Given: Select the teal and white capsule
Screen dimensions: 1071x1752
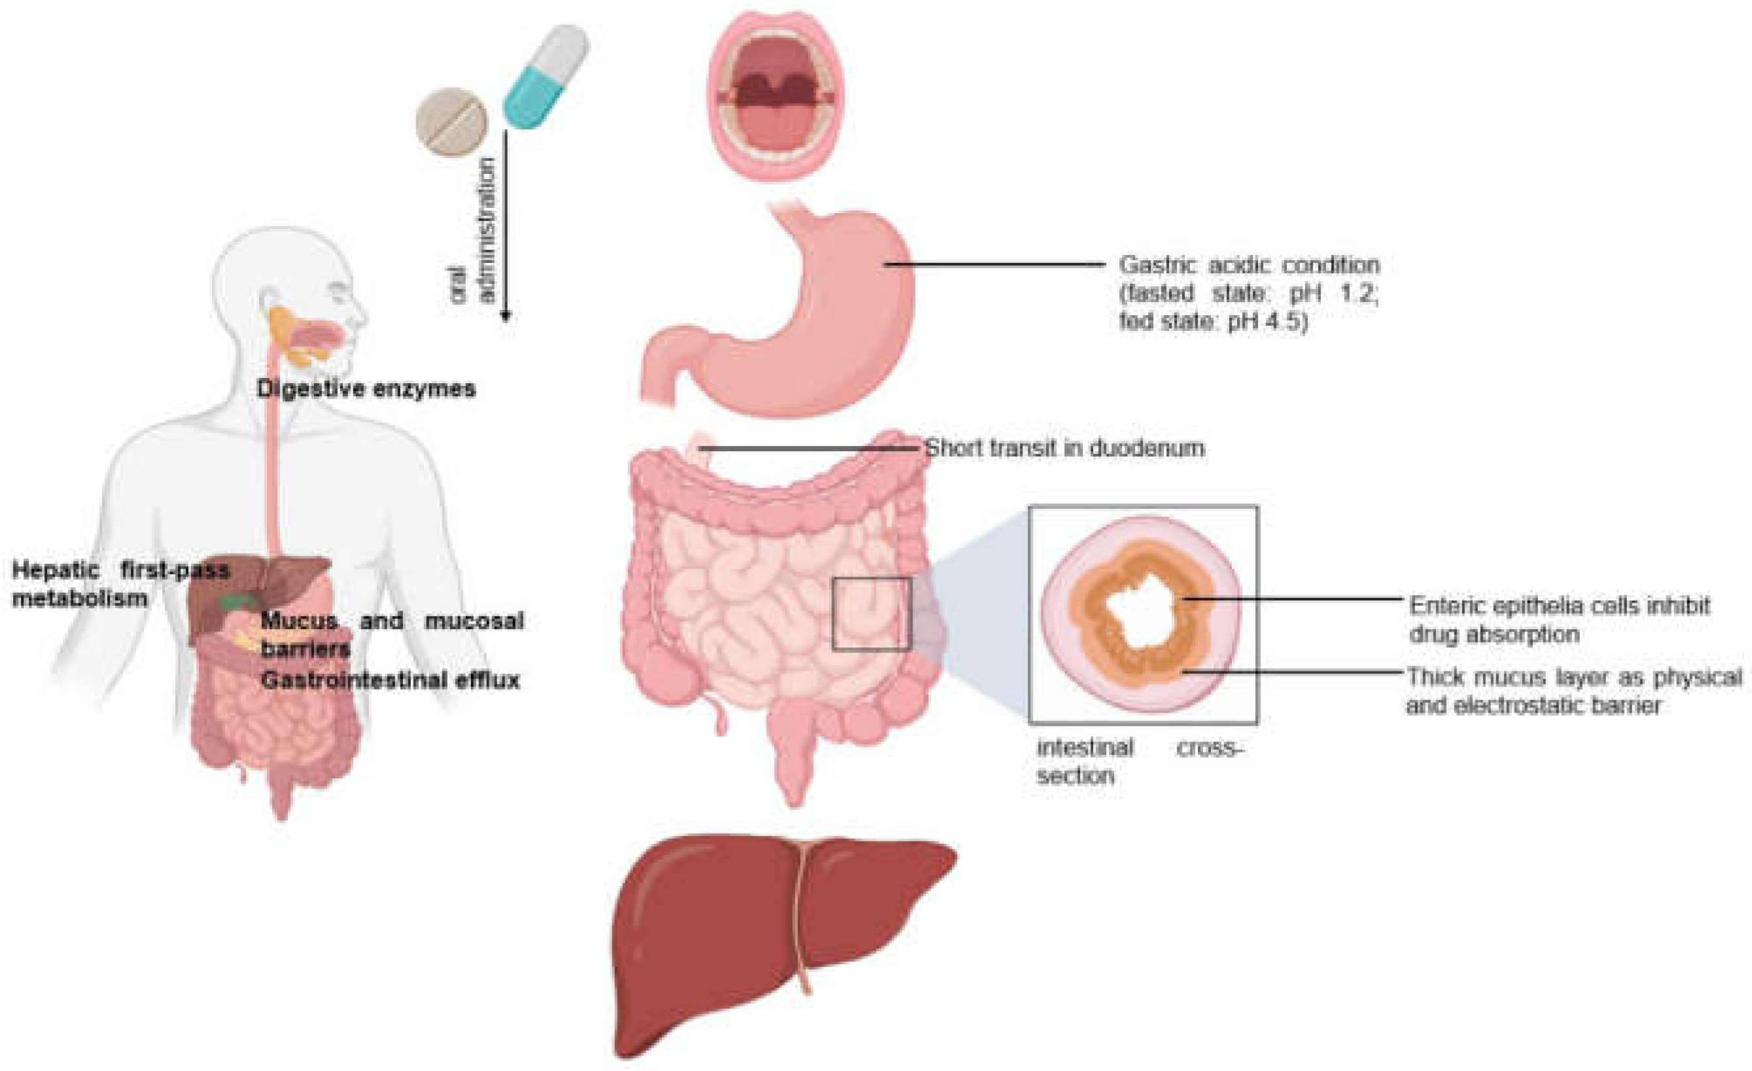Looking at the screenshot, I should (x=546, y=76).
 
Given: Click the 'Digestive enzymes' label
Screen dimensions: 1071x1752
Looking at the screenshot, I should (x=366, y=389).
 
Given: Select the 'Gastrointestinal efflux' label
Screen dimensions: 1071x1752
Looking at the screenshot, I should (x=391, y=680).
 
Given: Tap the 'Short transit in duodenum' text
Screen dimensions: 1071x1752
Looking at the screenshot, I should (x=1064, y=449).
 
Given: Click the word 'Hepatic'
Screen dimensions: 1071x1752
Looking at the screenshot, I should (x=56, y=570).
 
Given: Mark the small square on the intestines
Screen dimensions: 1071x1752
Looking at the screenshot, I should (x=871, y=614).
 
